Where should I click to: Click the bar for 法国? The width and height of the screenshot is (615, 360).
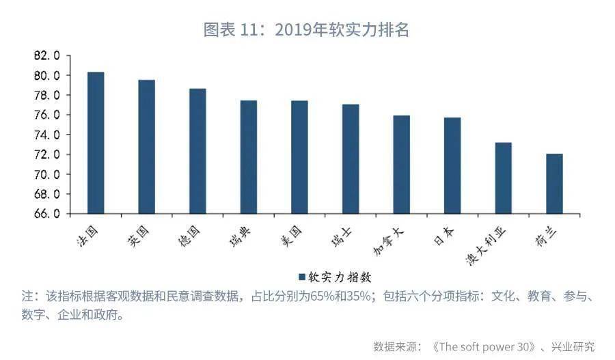pos(96,143)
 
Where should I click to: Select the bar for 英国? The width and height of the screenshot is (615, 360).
pos(147,147)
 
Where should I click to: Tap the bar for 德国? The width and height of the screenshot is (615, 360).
pos(197,151)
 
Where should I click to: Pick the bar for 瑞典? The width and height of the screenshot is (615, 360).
pos(249,157)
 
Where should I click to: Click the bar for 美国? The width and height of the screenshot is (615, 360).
pos(300,157)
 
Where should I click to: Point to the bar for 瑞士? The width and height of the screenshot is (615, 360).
pos(351,158)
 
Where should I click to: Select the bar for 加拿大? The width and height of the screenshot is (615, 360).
pos(402,165)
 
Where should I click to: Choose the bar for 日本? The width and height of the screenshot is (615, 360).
pos(452,165)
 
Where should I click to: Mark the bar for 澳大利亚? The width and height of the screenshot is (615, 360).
pos(504,178)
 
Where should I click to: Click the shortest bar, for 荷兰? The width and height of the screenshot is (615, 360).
pos(555,184)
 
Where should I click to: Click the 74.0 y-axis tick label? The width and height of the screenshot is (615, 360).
pos(46,135)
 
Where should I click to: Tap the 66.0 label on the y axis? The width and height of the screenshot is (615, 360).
pos(46,214)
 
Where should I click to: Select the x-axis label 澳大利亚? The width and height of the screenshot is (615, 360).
pos(486,246)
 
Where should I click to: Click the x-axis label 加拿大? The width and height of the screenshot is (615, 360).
pos(388,241)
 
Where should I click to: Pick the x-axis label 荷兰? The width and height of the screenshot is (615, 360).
pos(546,236)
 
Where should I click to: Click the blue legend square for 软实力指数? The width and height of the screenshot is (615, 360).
pos(302,277)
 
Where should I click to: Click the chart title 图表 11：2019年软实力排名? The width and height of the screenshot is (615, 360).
pos(306,30)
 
